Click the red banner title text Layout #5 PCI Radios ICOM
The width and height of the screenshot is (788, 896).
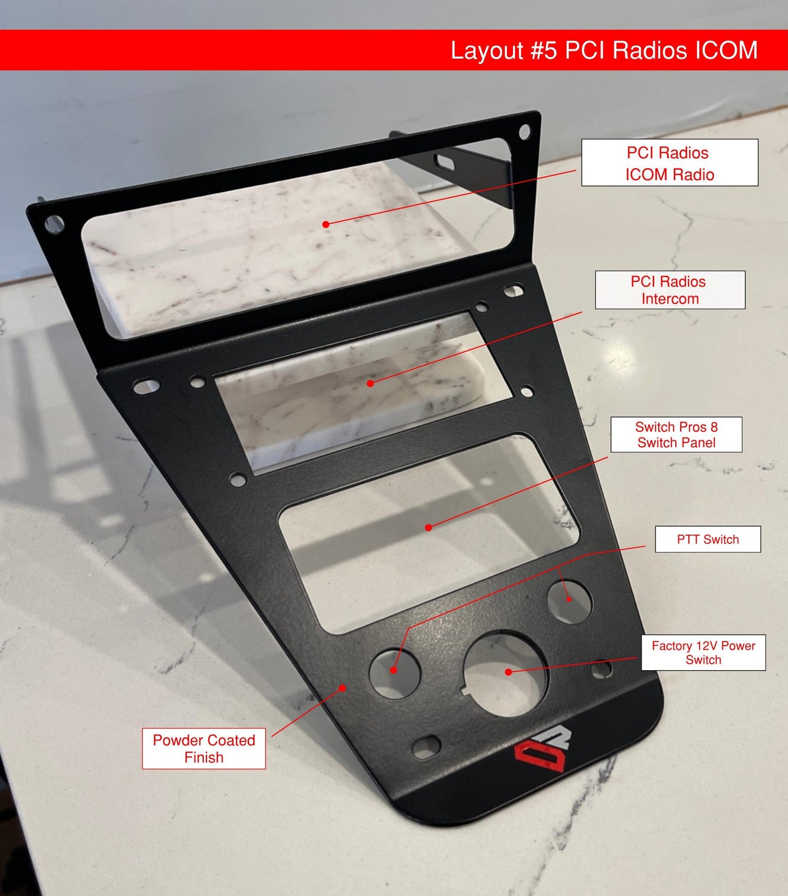point(604,51)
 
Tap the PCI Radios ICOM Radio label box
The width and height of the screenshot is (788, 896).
point(669,163)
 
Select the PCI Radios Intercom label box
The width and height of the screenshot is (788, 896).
point(669,290)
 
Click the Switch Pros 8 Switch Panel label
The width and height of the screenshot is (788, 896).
point(676,435)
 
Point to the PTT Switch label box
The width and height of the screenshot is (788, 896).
point(707,539)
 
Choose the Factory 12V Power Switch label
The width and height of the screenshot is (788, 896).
point(703,653)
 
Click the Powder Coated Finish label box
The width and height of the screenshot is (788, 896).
point(203,749)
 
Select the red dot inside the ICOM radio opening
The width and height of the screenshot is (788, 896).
point(326,224)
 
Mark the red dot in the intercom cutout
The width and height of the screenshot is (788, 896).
point(370,383)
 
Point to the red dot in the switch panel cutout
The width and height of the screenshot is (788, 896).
point(429,527)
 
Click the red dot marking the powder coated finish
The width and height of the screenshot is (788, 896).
point(342,688)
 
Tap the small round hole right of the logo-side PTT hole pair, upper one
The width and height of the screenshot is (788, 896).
point(569,600)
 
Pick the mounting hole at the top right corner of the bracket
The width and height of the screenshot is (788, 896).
point(524,131)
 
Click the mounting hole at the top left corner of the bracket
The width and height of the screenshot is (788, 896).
point(55,224)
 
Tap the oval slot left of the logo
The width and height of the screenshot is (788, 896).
point(426,746)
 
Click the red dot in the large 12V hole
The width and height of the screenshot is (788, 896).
point(508,672)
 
